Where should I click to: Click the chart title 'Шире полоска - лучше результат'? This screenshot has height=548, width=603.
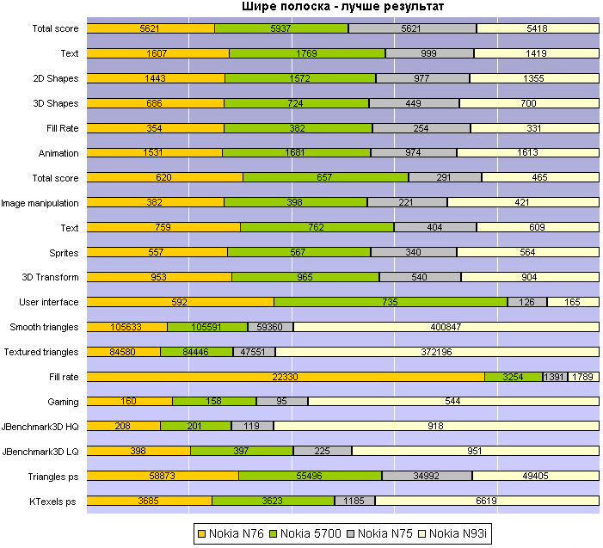(x=341, y=8)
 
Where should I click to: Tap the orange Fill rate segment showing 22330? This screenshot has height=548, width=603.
(x=286, y=377)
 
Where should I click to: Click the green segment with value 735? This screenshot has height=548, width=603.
(x=391, y=302)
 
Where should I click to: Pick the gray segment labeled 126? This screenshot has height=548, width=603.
(x=521, y=302)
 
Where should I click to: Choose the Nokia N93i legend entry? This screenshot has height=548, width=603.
(x=458, y=533)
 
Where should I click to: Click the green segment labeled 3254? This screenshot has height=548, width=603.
(x=513, y=377)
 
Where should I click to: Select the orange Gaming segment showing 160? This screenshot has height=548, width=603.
(x=130, y=402)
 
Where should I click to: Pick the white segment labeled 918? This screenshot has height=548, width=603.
(x=436, y=427)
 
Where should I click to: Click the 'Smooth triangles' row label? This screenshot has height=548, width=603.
(x=44, y=327)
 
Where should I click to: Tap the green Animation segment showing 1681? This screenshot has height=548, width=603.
(x=296, y=153)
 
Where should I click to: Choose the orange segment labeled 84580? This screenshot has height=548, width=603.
(x=124, y=352)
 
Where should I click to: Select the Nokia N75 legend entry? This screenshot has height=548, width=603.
(x=385, y=533)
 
